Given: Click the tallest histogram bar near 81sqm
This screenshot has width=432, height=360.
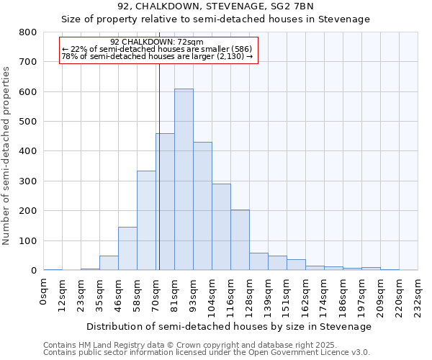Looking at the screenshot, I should click(184, 180).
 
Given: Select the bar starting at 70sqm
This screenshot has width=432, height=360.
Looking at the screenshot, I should click(165, 202).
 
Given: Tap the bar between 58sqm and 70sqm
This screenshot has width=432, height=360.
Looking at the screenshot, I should click(146, 220).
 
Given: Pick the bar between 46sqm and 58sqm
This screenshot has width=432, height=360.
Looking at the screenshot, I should click(127, 248).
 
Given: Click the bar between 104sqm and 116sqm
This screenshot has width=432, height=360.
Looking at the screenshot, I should click(221, 227).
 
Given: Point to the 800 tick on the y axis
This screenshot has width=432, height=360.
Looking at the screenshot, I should click(28, 32).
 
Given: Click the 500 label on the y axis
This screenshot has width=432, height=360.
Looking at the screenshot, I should click(28, 122).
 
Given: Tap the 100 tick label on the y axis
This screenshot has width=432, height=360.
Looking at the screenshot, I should click(28, 240).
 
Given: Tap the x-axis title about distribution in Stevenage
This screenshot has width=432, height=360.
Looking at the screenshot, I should click(230, 326).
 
